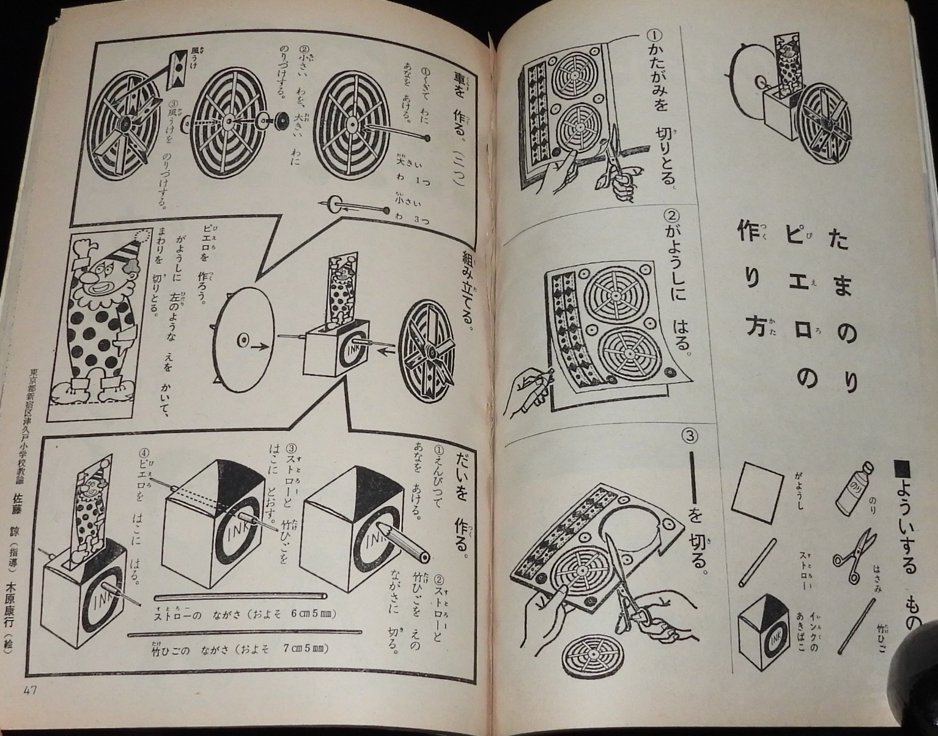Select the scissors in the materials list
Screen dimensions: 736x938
coord(853,553)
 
